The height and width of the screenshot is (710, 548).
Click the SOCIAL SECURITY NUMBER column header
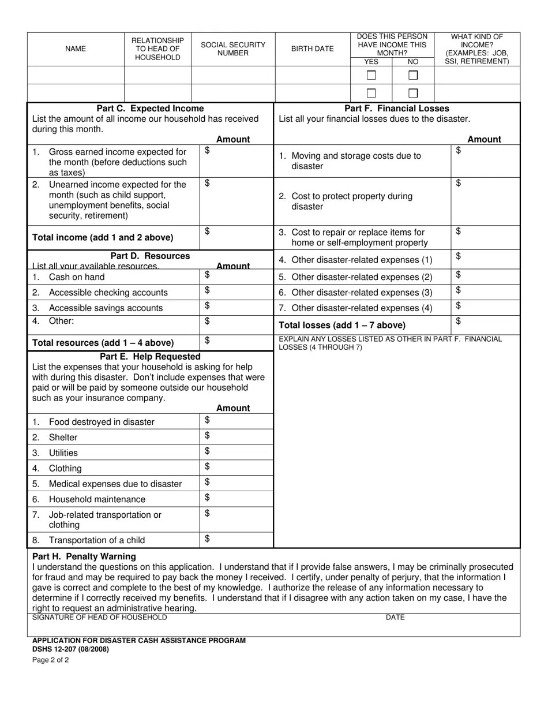click(x=233, y=49)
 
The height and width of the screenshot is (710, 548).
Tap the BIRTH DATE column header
click(x=312, y=49)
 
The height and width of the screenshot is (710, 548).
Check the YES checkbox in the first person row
click(x=371, y=76)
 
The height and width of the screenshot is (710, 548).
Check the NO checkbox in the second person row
click(x=413, y=93)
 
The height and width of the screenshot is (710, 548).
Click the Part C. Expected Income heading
click(x=150, y=109)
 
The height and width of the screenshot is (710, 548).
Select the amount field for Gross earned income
click(x=237, y=161)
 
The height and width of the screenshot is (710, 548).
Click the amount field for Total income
click(x=237, y=237)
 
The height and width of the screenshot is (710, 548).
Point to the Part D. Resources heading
click(x=150, y=256)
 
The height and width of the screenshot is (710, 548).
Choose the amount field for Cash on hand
click(x=237, y=276)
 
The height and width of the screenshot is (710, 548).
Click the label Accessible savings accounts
click(x=106, y=308)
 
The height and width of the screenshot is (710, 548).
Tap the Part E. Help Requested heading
click(x=150, y=357)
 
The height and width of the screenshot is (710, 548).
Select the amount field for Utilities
click(x=237, y=453)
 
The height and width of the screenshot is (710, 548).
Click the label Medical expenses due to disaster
click(x=115, y=484)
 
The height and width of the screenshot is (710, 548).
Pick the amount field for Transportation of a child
click(x=237, y=540)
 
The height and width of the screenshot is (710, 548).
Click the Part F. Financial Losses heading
click(x=397, y=109)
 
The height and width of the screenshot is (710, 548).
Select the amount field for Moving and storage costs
click(x=485, y=161)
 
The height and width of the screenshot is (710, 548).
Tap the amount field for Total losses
click(x=485, y=324)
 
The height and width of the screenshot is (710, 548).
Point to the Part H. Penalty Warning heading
click(x=84, y=556)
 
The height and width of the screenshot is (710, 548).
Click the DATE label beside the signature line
click(x=395, y=618)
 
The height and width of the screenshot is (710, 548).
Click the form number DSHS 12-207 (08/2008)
click(x=70, y=649)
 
